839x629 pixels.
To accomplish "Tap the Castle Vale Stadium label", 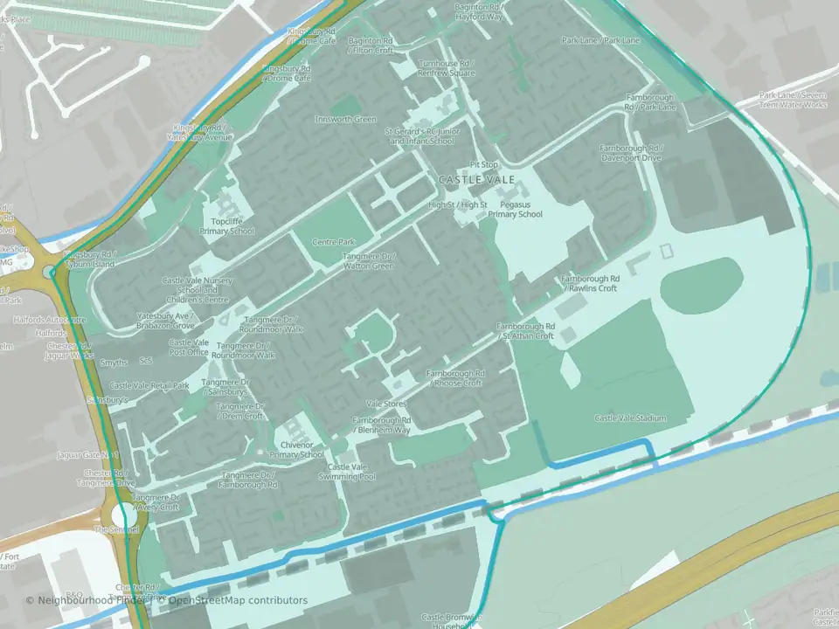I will point(630,418).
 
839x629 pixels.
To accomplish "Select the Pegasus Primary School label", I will point(515,209).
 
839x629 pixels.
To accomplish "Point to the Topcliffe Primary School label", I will point(226,226).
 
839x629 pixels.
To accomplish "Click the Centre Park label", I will point(334,241).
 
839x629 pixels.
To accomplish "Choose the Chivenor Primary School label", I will point(297,450).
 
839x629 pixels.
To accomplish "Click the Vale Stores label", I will point(387,404).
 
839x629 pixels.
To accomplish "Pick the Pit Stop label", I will point(483,164).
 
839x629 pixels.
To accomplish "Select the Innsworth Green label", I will point(346,120).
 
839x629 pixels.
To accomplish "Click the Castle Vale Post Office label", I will point(189,348).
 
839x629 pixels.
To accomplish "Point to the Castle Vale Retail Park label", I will point(149,385).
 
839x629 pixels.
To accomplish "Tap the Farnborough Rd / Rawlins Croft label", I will point(590,283).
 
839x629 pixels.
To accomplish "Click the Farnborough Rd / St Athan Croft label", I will point(526,331).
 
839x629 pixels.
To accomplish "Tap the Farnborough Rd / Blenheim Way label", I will point(381,425).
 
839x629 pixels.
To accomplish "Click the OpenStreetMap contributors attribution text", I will point(238,600).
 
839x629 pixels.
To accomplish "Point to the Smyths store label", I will point(114,362).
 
